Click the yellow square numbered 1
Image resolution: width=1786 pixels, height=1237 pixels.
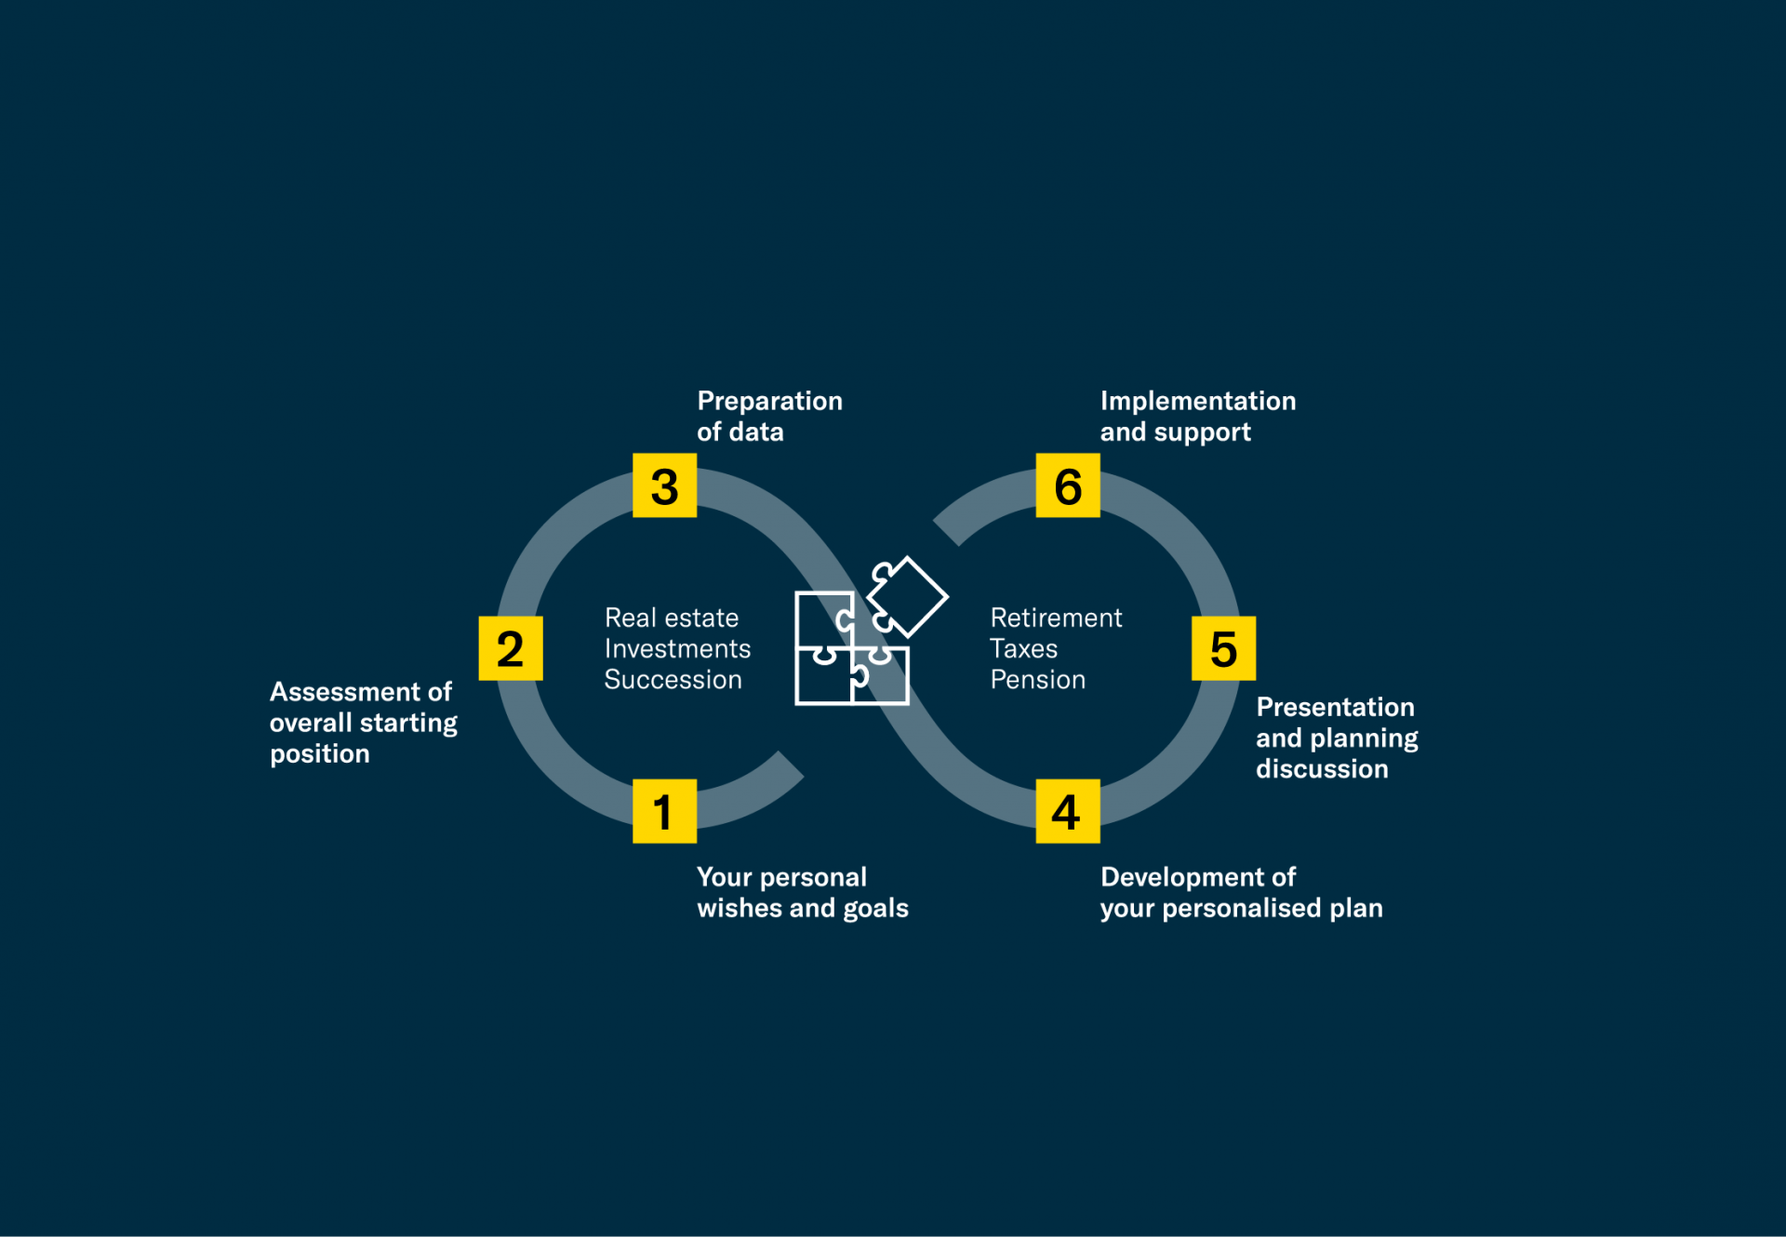(x=664, y=811)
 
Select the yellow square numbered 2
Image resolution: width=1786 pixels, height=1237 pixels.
(x=511, y=648)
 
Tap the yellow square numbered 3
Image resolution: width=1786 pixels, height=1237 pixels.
(x=664, y=485)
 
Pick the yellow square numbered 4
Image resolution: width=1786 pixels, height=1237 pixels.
(x=1068, y=811)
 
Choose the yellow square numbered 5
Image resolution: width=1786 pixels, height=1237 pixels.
(x=1224, y=648)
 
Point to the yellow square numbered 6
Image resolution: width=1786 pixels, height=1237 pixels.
(x=1068, y=485)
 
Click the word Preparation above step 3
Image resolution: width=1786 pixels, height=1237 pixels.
(x=770, y=402)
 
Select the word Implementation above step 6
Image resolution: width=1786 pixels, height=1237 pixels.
(x=1198, y=402)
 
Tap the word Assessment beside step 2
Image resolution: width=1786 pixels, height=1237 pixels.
(x=345, y=692)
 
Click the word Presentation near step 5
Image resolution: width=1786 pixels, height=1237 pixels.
(x=1335, y=707)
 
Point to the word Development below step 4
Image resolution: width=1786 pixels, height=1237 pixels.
(x=1182, y=878)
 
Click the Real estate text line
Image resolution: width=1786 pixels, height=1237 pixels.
(x=672, y=618)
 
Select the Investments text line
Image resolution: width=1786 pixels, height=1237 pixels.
(x=677, y=648)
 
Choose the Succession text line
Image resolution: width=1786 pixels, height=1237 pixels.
(x=673, y=680)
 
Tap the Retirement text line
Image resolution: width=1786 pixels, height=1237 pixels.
(x=1056, y=618)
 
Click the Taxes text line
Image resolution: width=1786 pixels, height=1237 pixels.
(x=1023, y=648)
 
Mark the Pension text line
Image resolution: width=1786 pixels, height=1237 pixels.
(x=1038, y=680)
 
